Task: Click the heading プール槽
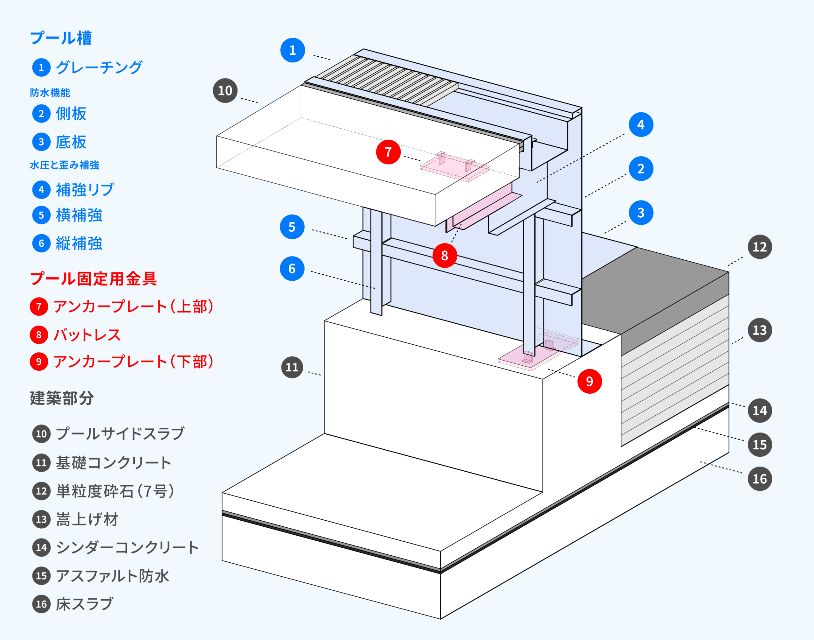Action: point(61,38)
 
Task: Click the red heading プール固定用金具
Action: point(93,278)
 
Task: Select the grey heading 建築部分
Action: point(62,398)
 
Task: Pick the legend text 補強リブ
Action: point(85,190)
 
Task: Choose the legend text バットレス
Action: point(87,334)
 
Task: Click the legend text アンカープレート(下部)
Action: point(133,362)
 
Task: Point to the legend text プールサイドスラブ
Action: point(120,433)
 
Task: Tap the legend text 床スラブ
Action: point(84,604)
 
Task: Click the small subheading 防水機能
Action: point(50,93)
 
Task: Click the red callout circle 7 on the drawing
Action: point(388,152)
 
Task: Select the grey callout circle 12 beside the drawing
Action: point(760,247)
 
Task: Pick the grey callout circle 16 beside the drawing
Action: point(760,479)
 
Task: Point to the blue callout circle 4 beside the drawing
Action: point(641,124)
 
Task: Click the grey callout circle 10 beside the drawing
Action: point(225,90)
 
